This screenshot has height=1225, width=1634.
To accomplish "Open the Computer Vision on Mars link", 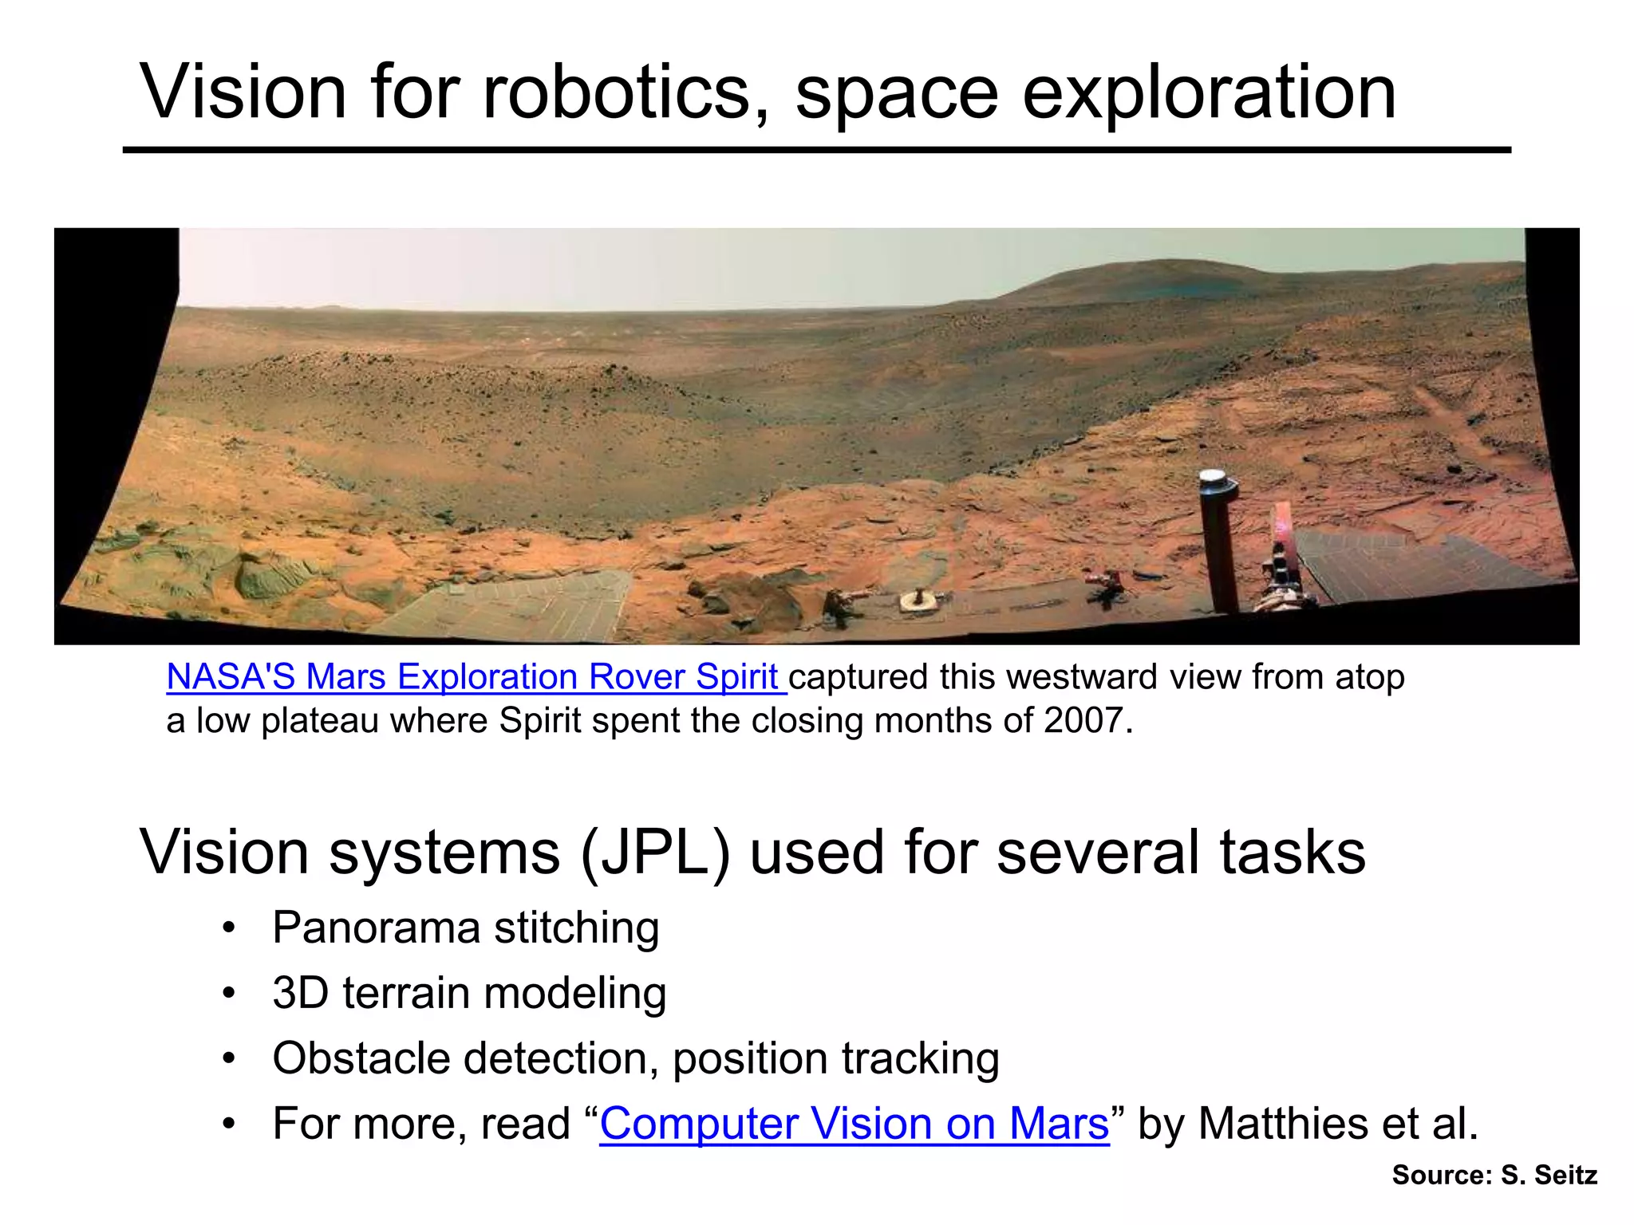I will tap(854, 1124).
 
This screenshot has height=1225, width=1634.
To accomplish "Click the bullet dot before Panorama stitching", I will tap(229, 928).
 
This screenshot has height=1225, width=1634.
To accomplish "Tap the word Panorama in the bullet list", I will tap(376, 928).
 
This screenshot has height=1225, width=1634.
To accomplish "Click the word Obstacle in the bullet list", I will tap(363, 1059).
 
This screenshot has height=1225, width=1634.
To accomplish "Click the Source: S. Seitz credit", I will tap(1494, 1175).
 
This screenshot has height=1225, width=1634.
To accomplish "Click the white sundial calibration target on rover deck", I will tap(918, 600).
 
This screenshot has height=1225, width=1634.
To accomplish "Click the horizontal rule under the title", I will tap(816, 150).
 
